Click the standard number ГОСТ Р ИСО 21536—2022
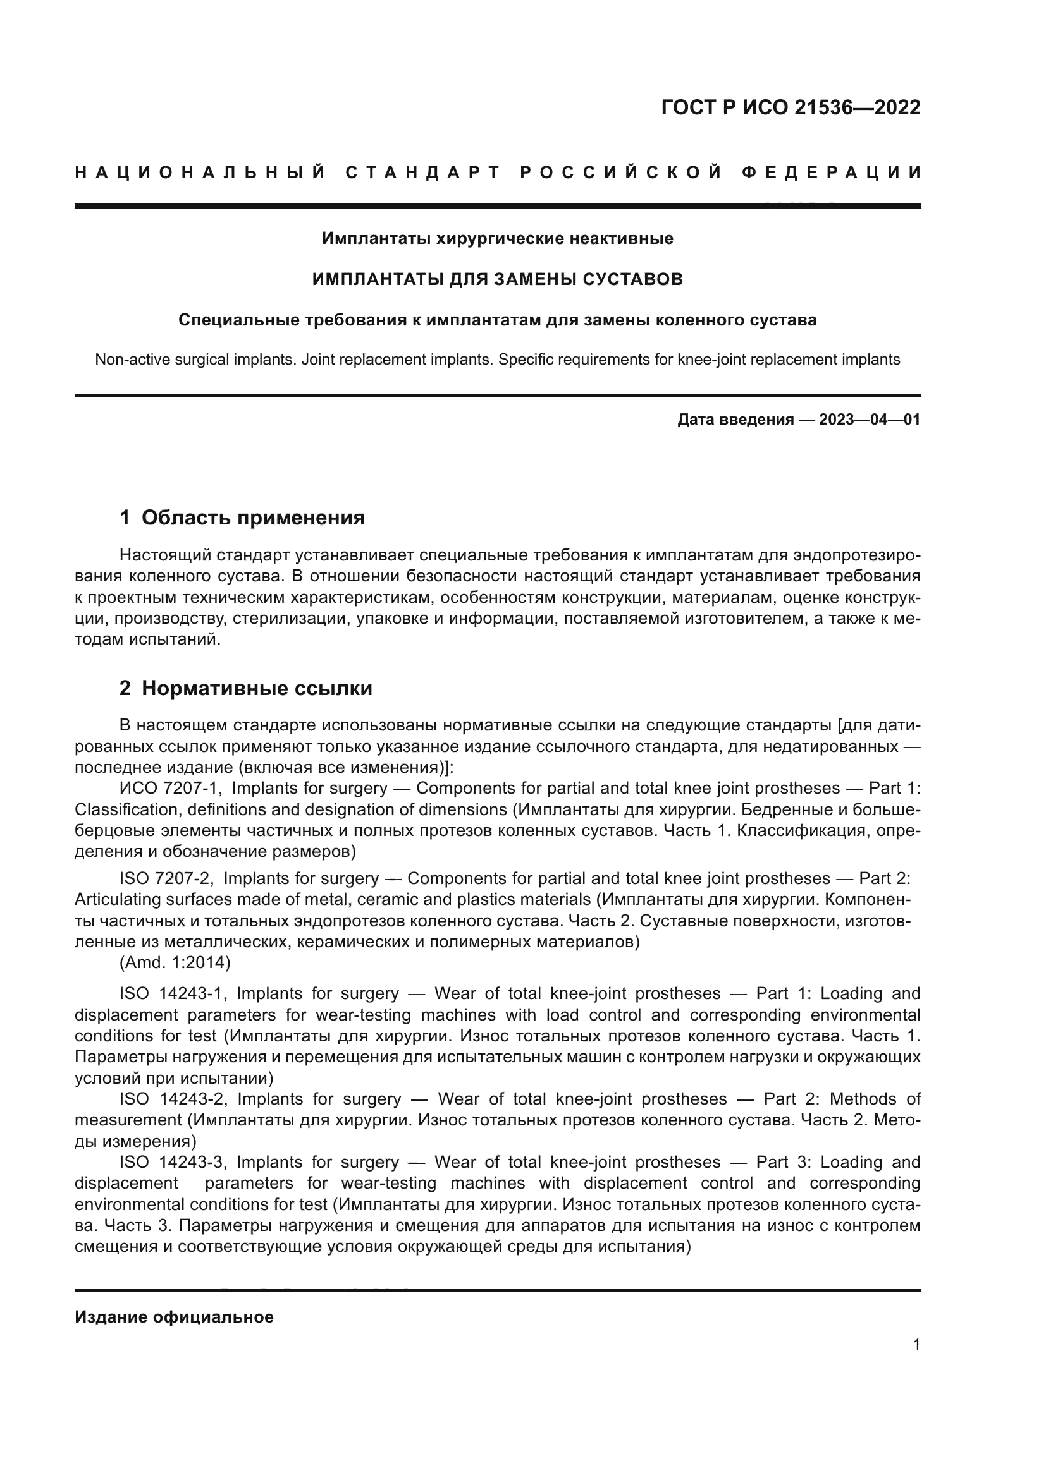pyautogui.click(x=791, y=107)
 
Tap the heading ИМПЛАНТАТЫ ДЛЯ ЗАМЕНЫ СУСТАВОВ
pyautogui.click(x=497, y=279)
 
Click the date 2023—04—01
pyautogui.click(x=869, y=420)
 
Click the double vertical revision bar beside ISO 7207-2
pyautogui.click(x=921, y=921)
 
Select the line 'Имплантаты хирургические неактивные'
pyautogui.click(x=497, y=239)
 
